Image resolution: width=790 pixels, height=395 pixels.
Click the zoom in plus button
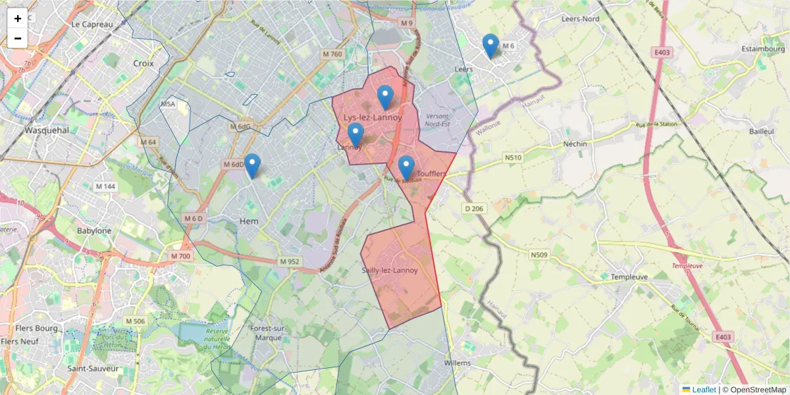18,18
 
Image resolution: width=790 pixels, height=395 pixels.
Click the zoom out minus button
18,38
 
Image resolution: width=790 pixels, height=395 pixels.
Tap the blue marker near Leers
490,45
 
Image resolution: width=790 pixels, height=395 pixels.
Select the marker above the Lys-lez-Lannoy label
385,97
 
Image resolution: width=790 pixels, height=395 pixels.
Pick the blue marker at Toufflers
406,167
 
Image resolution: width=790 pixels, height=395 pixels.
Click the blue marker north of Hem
252,165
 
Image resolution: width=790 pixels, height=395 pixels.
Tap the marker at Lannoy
355,134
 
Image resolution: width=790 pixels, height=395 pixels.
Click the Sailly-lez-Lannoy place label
390,270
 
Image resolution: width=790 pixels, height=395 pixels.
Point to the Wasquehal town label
47,130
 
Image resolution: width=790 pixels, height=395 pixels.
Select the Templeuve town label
631,277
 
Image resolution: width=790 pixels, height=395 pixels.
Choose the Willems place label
458,363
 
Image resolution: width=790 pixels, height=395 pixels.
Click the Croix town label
143,64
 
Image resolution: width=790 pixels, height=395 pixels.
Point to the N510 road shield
513,157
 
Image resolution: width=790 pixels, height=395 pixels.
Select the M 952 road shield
290,261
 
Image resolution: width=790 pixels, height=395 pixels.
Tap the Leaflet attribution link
703,390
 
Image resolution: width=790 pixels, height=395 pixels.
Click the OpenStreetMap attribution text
754,390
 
